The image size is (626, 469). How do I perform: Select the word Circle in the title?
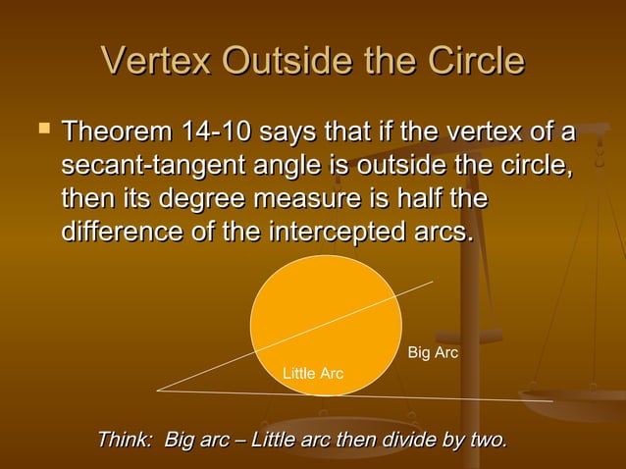point(476,62)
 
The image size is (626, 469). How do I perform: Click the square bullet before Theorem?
point(41,130)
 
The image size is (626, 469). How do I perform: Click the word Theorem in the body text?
point(115,131)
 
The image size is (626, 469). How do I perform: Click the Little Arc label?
point(312,374)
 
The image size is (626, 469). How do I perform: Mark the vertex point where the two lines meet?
point(158,390)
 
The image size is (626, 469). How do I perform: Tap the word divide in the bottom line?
point(403,439)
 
